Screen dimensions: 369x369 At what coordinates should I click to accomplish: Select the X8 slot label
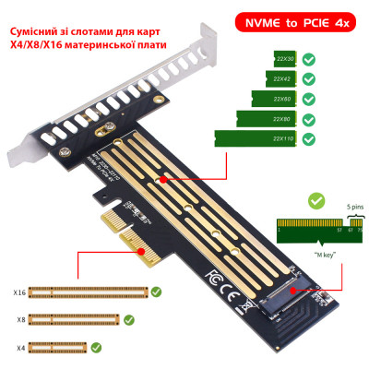click(20, 319)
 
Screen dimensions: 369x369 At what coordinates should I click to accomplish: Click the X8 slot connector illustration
click(75, 319)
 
